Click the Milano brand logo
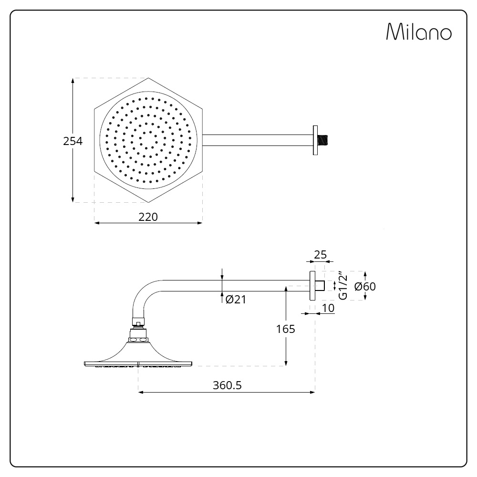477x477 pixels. pyautogui.click(x=419, y=31)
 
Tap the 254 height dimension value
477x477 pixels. pyautogui.click(x=73, y=141)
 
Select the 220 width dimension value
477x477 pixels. pyautogui.click(x=148, y=217)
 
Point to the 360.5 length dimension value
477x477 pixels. pyautogui.click(x=227, y=385)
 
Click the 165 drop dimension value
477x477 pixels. pyautogui.click(x=286, y=329)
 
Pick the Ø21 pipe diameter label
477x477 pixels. pyautogui.click(x=236, y=300)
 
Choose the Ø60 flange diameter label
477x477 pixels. pyautogui.click(x=365, y=287)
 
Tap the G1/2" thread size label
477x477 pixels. pyautogui.click(x=342, y=285)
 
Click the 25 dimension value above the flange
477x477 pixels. pyautogui.click(x=321, y=255)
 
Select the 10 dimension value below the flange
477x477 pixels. pyautogui.click(x=328, y=308)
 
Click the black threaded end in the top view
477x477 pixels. pyautogui.click(x=323, y=140)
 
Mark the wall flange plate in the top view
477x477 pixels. pyautogui.click(x=315, y=140)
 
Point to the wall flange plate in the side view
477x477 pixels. pyautogui.click(x=312, y=286)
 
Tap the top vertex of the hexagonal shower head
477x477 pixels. pyautogui.click(x=148, y=78)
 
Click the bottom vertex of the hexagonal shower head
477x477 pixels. pyautogui.click(x=148, y=202)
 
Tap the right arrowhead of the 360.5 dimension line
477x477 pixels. pyautogui.click(x=312, y=393)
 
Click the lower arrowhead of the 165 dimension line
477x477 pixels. pyautogui.click(x=286, y=363)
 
